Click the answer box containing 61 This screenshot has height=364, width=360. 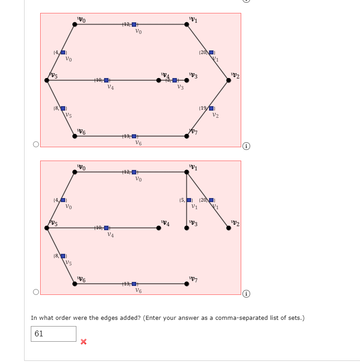(x=53, y=334)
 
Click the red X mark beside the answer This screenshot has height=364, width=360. (x=83, y=342)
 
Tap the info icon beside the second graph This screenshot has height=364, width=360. (x=246, y=294)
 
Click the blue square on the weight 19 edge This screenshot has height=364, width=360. (x=212, y=108)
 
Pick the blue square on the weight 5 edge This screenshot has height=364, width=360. (x=189, y=200)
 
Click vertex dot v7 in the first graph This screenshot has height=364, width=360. (x=186, y=136)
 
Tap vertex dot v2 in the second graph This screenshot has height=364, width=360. (x=229, y=228)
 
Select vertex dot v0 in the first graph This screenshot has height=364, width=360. (x=75, y=24)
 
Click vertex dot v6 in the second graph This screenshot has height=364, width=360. (x=75, y=283)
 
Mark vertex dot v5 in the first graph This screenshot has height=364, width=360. (x=47, y=80)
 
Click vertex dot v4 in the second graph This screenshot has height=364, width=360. (x=159, y=228)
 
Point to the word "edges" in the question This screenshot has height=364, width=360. (x=108, y=318)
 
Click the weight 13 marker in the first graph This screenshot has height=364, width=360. (x=134, y=136)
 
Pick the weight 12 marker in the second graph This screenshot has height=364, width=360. (x=134, y=172)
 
